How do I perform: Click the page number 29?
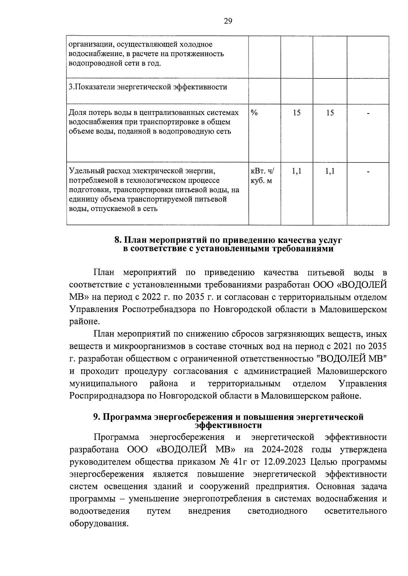click(228, 21)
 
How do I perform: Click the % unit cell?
click(254, 112)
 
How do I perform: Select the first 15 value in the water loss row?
click(296, 112)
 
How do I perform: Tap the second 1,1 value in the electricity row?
click(329, 171)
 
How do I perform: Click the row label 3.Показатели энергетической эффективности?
click(148, 87)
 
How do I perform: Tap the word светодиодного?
click(278, 511)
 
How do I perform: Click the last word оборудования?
click(99, 523)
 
